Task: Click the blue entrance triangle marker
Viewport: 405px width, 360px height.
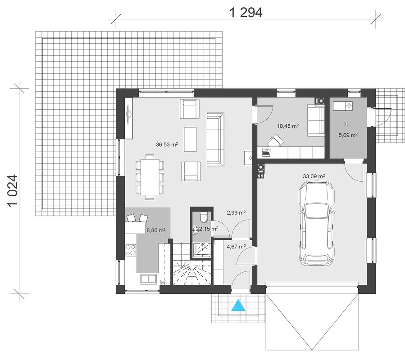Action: click(x=238, y=305)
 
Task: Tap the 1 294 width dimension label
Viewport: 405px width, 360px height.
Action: click(x=246, y=13)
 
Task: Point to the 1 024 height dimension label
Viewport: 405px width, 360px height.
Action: click(x=13, y=190)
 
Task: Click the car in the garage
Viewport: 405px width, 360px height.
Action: click(x=316, y=223)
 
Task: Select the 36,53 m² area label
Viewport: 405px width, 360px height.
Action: click(x=167, y=144)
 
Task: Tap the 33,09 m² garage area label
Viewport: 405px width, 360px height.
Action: click(x=314, y=176)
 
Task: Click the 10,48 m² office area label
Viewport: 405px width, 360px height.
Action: click(x=288, y=126)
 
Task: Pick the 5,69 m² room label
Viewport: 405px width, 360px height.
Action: click(x=348, y=135)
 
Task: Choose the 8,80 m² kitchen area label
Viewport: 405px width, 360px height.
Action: click(x=156, y=230)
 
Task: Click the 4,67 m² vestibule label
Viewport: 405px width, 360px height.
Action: click(x=236, y=247)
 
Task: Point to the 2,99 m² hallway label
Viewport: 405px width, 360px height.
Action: click(x=236, y=213)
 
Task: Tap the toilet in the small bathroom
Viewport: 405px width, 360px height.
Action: click(x=204, y=217)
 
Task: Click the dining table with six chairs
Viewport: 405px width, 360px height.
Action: click(x=150, y=177)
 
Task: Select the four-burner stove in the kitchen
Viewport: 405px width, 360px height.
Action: click(x=131, y=250)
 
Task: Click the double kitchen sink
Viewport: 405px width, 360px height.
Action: click(x=148, y=279)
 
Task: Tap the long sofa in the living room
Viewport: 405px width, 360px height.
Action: click(x=215, y=140)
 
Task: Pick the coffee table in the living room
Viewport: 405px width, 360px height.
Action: click(x=190, y=139)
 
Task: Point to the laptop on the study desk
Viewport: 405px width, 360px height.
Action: click(x=266, y=152)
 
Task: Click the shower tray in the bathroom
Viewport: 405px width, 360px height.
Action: click(x=202, y=250)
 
